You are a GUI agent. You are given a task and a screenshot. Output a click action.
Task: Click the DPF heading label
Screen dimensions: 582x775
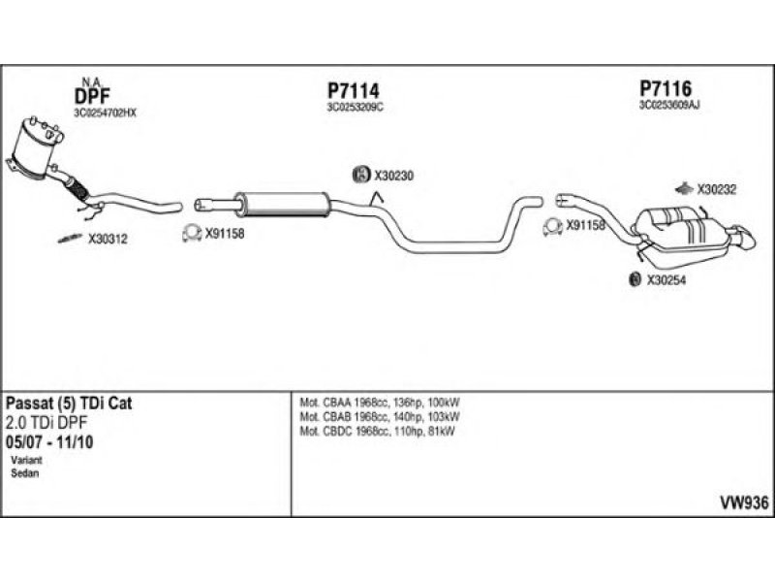[x=91, y=96]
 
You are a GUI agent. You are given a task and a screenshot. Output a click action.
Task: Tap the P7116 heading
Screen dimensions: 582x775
[x=664, y=88]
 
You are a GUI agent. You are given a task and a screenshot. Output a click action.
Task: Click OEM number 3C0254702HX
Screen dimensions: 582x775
[x=105, y=113]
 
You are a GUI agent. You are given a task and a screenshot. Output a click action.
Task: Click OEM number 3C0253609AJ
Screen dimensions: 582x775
[x=668, y=105]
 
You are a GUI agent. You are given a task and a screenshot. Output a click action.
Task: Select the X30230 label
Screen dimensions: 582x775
[x=394, y=176]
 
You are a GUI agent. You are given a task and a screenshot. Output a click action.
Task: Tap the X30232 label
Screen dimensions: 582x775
[x=718, y=190]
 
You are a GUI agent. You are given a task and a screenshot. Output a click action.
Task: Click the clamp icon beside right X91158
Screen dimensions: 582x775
[x=552, y=227]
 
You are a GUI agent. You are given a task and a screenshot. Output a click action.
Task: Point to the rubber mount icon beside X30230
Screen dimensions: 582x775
[x=359, y=176]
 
